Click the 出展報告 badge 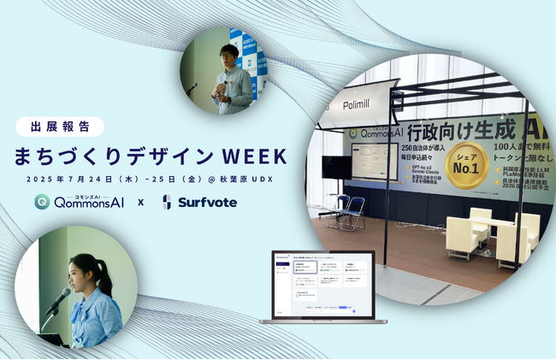[x=60, y=127]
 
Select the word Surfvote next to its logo [x=208, y=203]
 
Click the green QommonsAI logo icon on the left [x=41, y=203]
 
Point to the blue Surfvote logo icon [x=168, y=203]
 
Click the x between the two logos [x=140, y=204]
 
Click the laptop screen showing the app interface [x=324, y=284]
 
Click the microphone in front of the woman [x=59, y=299]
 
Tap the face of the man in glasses [x=228, y=54]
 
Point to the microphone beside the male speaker [x=194, y=86]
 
